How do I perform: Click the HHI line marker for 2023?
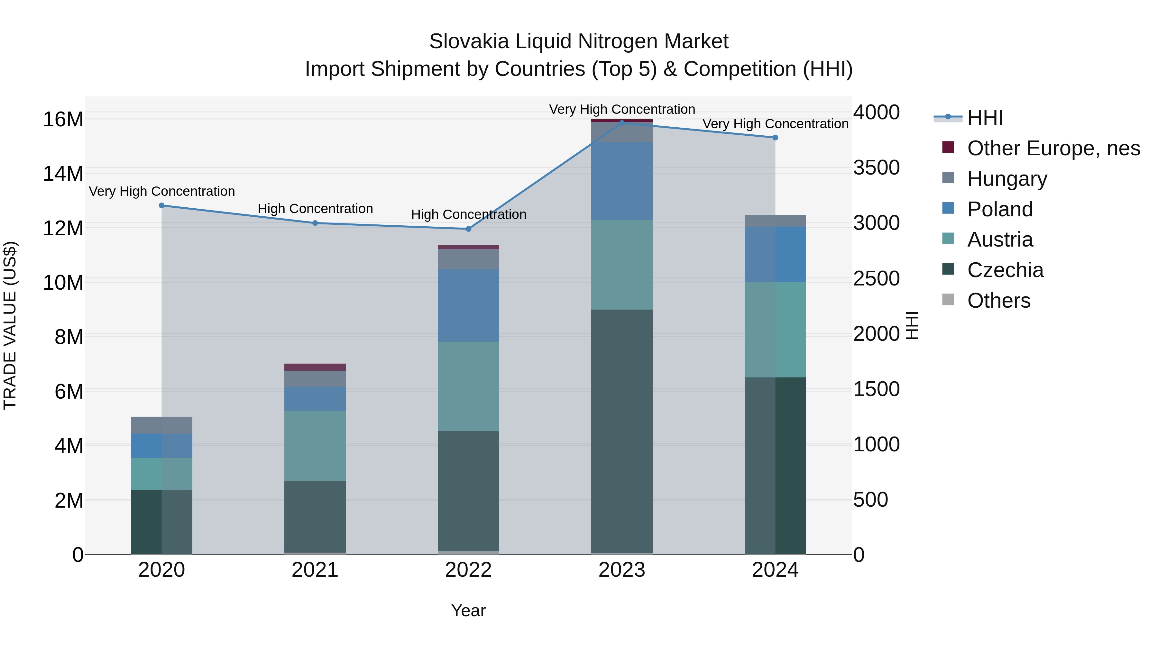(622, 123)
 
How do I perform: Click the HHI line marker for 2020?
(162, 205)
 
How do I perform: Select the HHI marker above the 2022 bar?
(468, 229)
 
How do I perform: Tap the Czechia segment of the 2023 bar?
(622, 431)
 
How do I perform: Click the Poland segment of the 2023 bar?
(622, 181)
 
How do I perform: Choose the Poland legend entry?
(1000, 209)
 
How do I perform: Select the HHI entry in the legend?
(985, 118)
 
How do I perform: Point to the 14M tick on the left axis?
(63, 173)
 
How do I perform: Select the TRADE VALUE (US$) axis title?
(10, 325)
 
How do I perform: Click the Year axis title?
(468, 610)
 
